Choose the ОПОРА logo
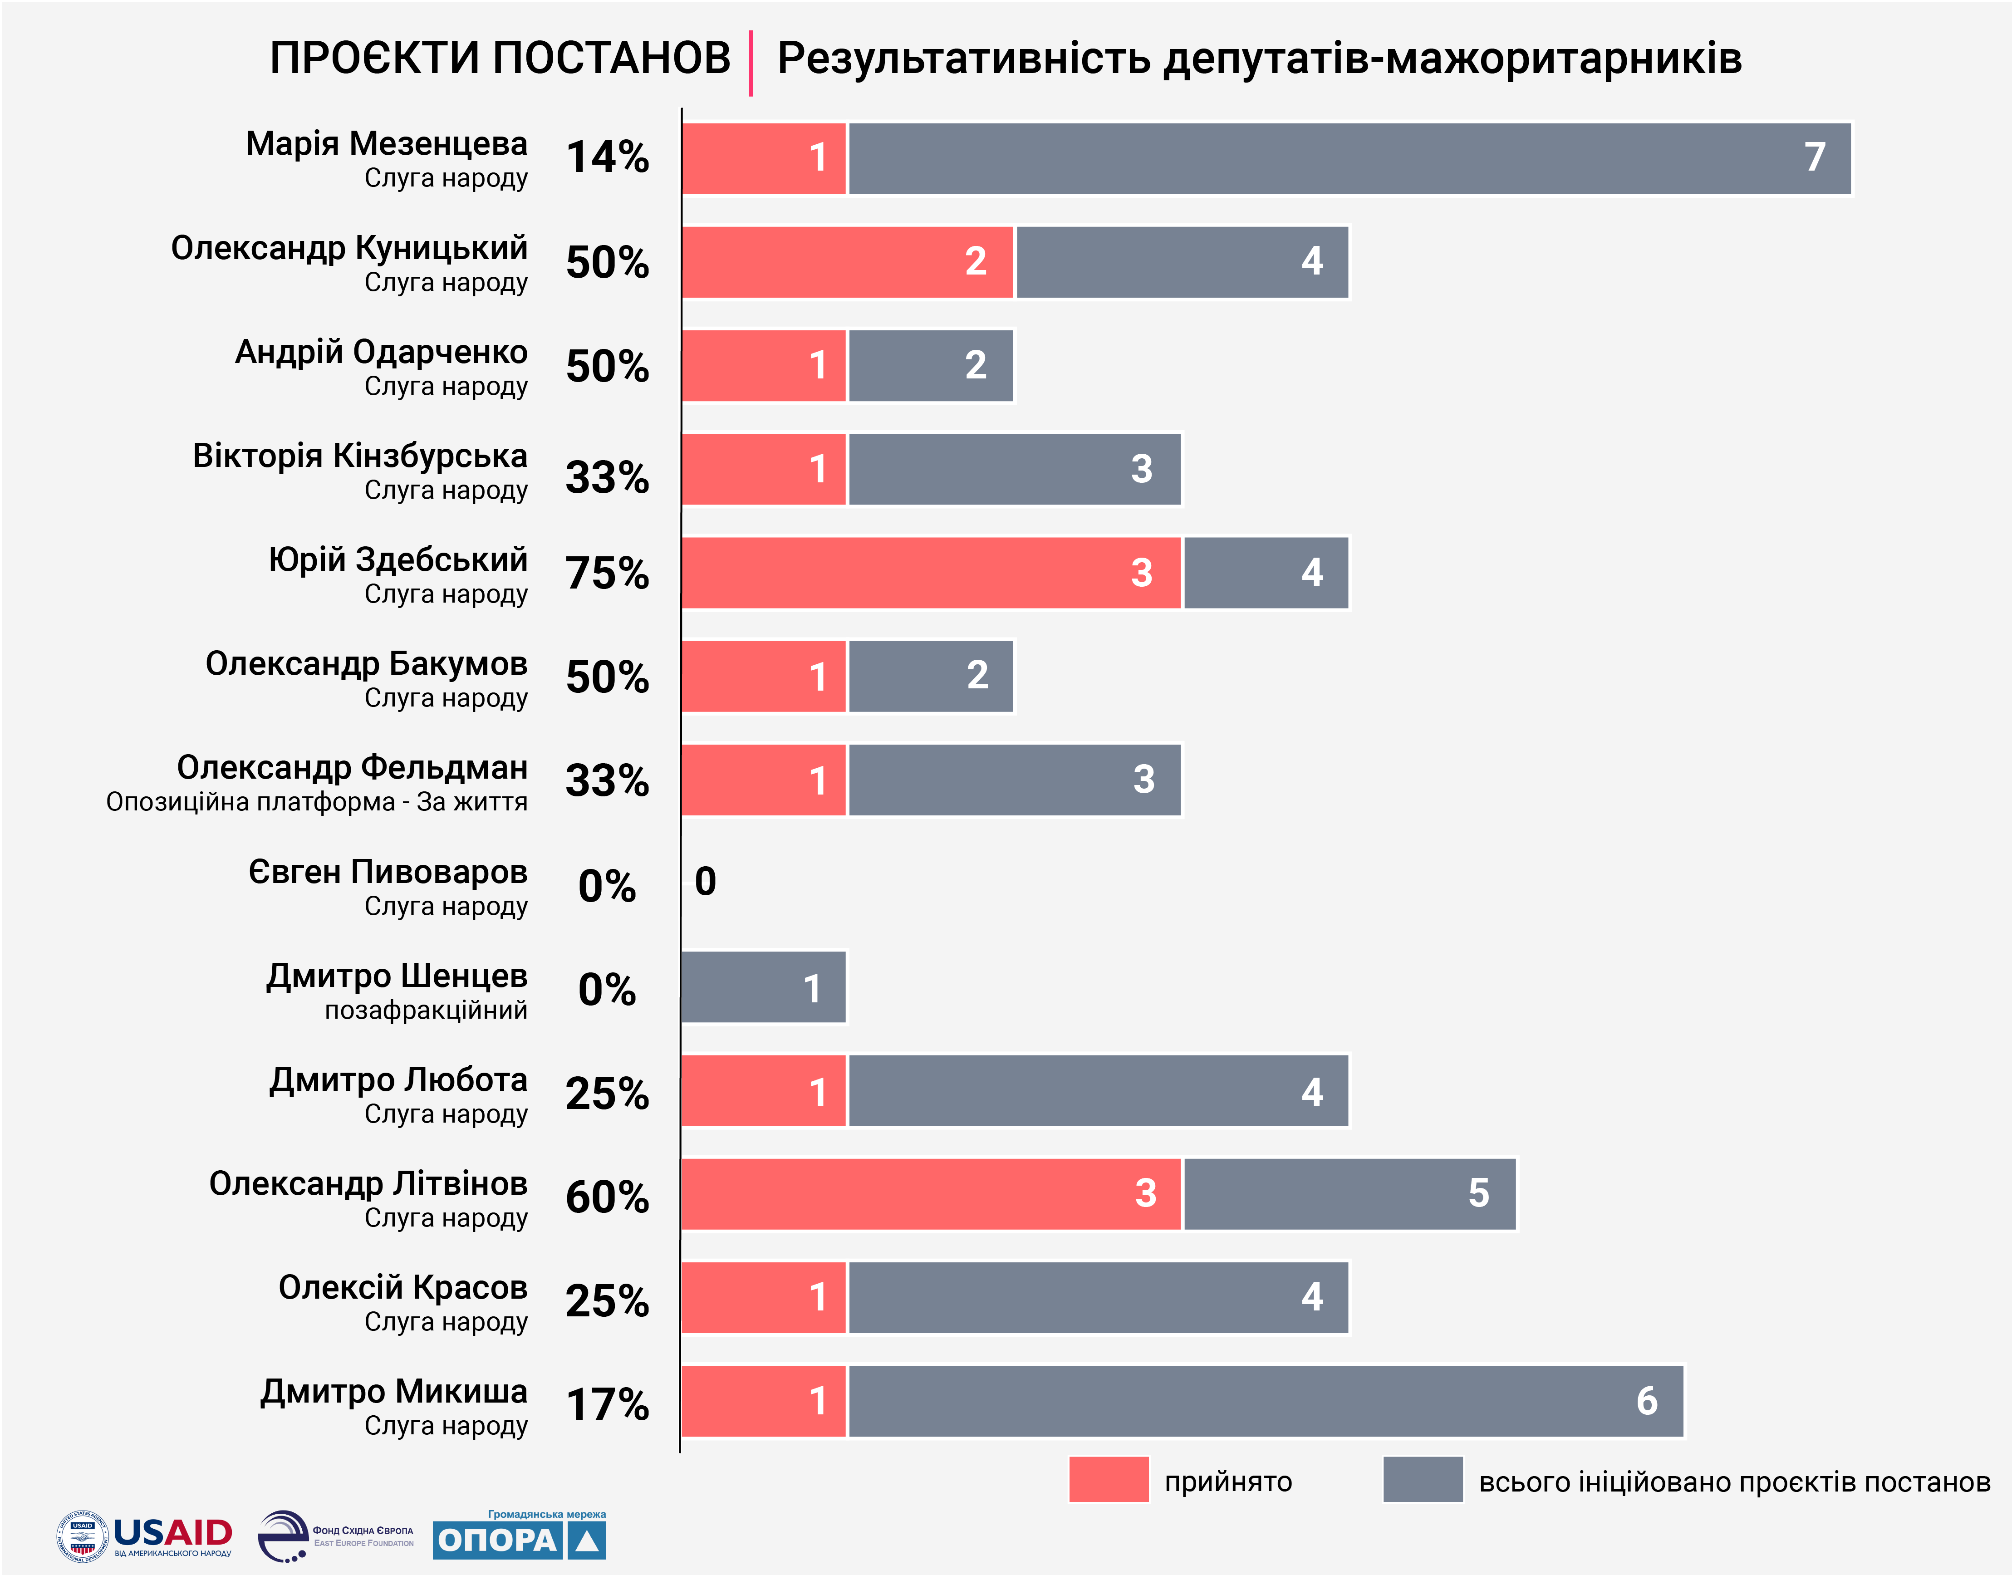[519, 1538]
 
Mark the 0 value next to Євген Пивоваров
[706, 882]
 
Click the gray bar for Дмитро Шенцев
[764, 987]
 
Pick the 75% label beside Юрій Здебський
[607, 573]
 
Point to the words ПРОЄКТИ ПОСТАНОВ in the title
[500, 58]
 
